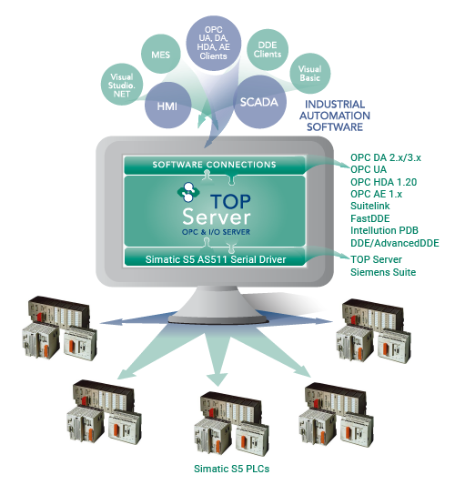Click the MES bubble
pyautogui.click(x=161, y=55)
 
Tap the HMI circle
pyautogui.click(x=167, y=106)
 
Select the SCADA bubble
pyautogui.click(x=259, y=102)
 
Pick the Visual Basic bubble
pyautogui.click(x=310, y=73)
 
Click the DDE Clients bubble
pyautogui.click(x=268, y=50)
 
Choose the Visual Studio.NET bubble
pyautogui.click(x=122, y=85)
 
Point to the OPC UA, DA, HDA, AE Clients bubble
pyautogui.click(x=214, y=43)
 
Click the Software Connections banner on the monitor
pyautogui.click(x=215, y=165)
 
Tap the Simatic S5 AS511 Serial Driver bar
pyautogui.click(x=216, y=259)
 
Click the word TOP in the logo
pyautogui.click(x=231, y=201)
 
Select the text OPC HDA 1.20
pyautogui.click(x=383, y=182)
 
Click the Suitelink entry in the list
pyautogui.click(x=369, y=206)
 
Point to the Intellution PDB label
pyautogui.click(x=384, y=230)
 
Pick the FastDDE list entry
pyautogui.click(x=369, y=218)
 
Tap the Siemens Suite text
pyautogui.click(x=383, y=272)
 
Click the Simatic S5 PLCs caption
pyautogui.click(x=231, y=469)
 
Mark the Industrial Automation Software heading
pyautogui.click(x=335, y=116)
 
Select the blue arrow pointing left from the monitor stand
pyautogui.click(x=136, y=319)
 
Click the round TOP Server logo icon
pyautogui.click(x=188, y=192)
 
